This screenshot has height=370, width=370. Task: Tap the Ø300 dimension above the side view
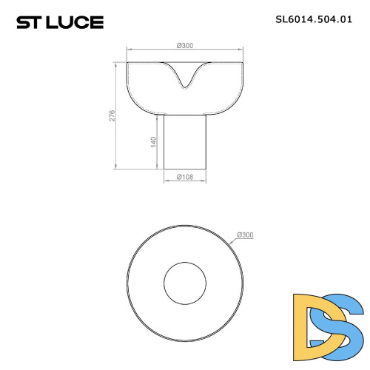[x=185, y=46]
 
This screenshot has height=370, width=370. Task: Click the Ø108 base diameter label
[x=184, y=177]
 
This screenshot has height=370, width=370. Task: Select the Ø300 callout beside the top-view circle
[x=245, y=235]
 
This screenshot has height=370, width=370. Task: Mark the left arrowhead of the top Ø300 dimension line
[x=129, y=50]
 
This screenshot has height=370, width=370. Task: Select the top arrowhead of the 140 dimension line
[x=158, y=116]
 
